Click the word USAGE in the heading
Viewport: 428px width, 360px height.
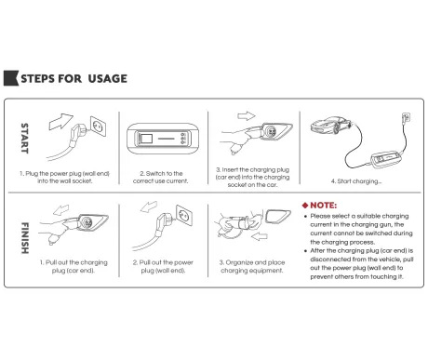(x=108, y=79)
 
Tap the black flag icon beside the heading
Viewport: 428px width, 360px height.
(x=11, y=78)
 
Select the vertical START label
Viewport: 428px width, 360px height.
(x=24, y=139)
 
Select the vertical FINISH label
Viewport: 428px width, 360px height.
(x=25, y=238)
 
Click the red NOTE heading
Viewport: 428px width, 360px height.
(x=323, y=206)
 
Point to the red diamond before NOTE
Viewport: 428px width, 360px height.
(x=305, y=206)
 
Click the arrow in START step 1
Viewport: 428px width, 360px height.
(x=60, y=121)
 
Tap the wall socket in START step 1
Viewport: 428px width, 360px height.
(x=98, y=127)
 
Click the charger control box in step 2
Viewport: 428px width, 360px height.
(x=162, y=139)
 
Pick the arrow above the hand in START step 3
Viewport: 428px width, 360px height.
(x=247, y=116)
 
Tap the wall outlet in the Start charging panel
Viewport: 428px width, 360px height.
(x=406, y=118)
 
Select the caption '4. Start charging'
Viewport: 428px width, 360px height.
(x=356, y=181)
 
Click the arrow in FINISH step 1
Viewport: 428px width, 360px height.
(x=60, y=209)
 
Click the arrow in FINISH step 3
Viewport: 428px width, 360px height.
(x=260, y=237)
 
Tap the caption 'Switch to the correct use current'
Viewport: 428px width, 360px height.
(x=161, y=177)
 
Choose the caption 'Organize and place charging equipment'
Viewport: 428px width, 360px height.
(x=252, y=266)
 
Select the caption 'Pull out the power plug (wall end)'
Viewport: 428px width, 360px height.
(x=163, y=266)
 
